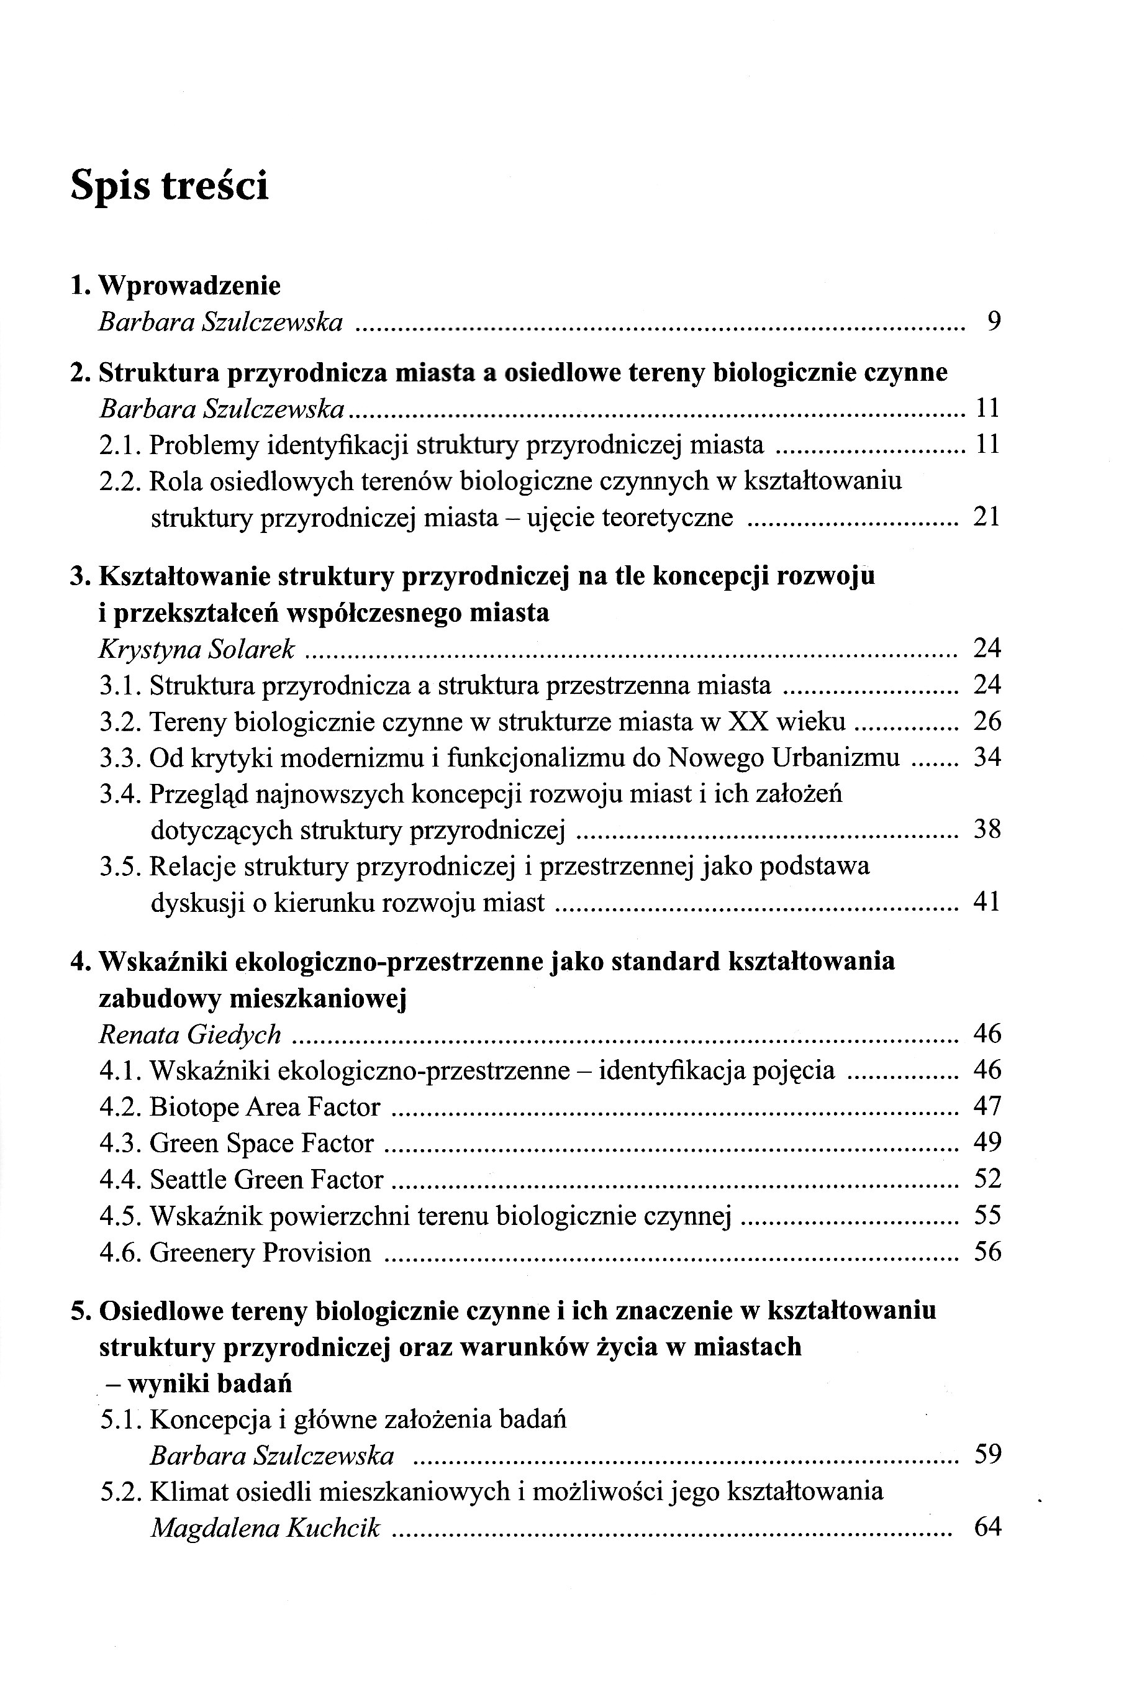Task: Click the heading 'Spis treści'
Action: pos(169,185)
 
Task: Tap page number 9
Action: pos(992,322)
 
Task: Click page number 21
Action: pos(986,517)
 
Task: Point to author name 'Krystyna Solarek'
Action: pos(197,649)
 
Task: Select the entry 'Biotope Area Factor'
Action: pos(265,1107)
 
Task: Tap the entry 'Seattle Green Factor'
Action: pos(266,1180)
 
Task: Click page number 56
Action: pos(987,1252)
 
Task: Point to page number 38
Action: pos(987,830)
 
